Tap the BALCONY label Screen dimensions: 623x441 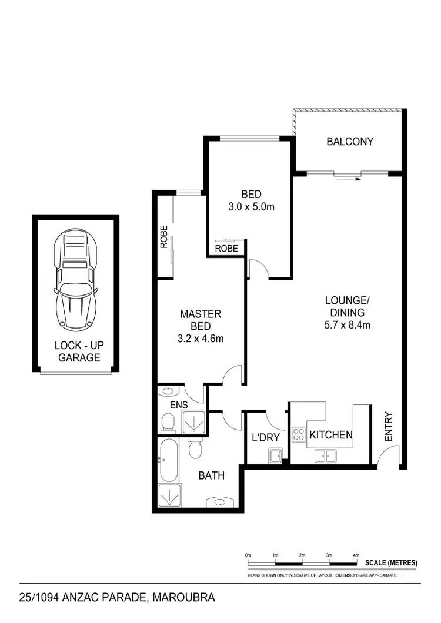pyautogui.click(x=350, y=142)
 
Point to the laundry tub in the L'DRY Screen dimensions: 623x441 pyautogui.click(x=274, y=454)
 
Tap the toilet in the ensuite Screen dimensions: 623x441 pyautogui.click(x=168, y=421)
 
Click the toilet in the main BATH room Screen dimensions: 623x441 pyautogui.click(x=195, y=449)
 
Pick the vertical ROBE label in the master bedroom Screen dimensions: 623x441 pyautogui.click(x=164, y=237)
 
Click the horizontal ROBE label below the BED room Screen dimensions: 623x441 pyautogui.click(x=226, y=249)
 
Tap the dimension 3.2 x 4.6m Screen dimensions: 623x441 pyautogui.click(x=201, y=339)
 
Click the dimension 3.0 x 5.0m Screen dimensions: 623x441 pyautogui.click(x=251, y=207)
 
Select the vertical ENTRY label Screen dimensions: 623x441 pyautogui.click(x=388, y=426)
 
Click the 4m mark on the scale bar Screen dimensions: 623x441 pyautogui.click(x=356, y=555)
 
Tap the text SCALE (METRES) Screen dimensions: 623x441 pyautogui.click(x=391, y=563)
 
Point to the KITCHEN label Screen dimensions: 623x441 pyautogui.click(x=331, y=435)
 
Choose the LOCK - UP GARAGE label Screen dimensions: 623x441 pyautogui.click(x=77, y=351)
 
